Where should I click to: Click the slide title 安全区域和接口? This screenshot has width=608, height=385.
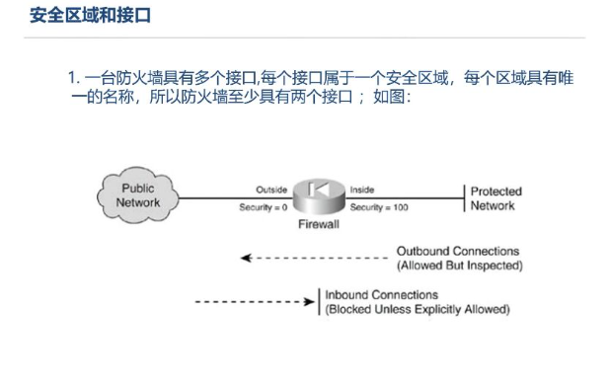pyautogui.click(x=90, y=16)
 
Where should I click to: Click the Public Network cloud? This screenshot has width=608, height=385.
pyautogui.click(x=137, y=195)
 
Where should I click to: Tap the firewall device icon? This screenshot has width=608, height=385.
pyautogui.click(x=319, y=196)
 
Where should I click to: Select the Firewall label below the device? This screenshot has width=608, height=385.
pyautogui.click(x=319, y=224)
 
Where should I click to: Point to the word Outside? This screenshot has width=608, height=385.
pyautogui.click(x=271, y=190)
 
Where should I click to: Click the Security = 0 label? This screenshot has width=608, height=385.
pyautogui.click(x=264, y=207)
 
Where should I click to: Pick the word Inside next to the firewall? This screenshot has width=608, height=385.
pyautogui.click(x=362, y=190)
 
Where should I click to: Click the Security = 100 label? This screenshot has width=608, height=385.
pyautogui.click(x=379, y=207)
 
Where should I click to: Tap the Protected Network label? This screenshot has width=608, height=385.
pyautogui.click(x=495, y=198)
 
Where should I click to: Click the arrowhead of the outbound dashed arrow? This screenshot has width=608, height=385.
pyautogui.click(x=246, y=258)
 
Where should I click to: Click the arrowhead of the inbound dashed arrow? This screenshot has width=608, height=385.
pyautogui.click(x=310, y=302)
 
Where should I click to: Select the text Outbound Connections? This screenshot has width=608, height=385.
pyautogui.click(x=458, y=252)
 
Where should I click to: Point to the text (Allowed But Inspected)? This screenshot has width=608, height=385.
pyautogui.click(x=460, y=266)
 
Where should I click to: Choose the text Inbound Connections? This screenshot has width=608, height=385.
pyautogui.click(x=382, y=295)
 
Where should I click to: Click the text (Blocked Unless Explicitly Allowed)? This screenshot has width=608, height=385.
pyautogui.click(x=418, y=309)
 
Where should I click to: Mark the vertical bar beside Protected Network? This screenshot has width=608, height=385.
pyautogui.click(x=464, y=198)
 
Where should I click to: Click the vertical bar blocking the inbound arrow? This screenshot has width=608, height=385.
pyautogui.click(x=319, y=302)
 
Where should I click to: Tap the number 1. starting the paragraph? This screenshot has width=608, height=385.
pyautogui.click(x=74, y=78)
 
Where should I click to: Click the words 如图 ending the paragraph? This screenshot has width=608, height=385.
pyautogui.click(x=389, y=97)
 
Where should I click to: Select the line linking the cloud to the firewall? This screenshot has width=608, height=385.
pyautogui.click(x=236, y=198)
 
